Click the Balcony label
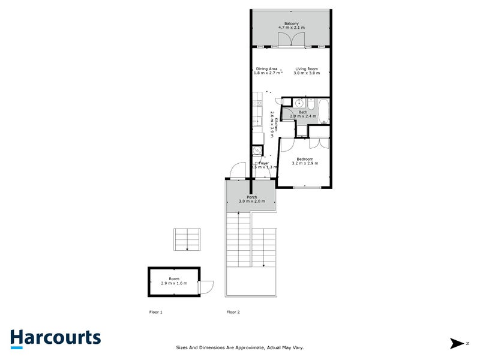291,23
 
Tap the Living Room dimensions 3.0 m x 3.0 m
307,73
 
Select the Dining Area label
266,68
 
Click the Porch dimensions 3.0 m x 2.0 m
251,201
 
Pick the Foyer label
263,163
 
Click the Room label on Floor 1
174,279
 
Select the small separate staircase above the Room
187,239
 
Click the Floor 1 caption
155,312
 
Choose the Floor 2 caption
233,312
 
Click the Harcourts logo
55,338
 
